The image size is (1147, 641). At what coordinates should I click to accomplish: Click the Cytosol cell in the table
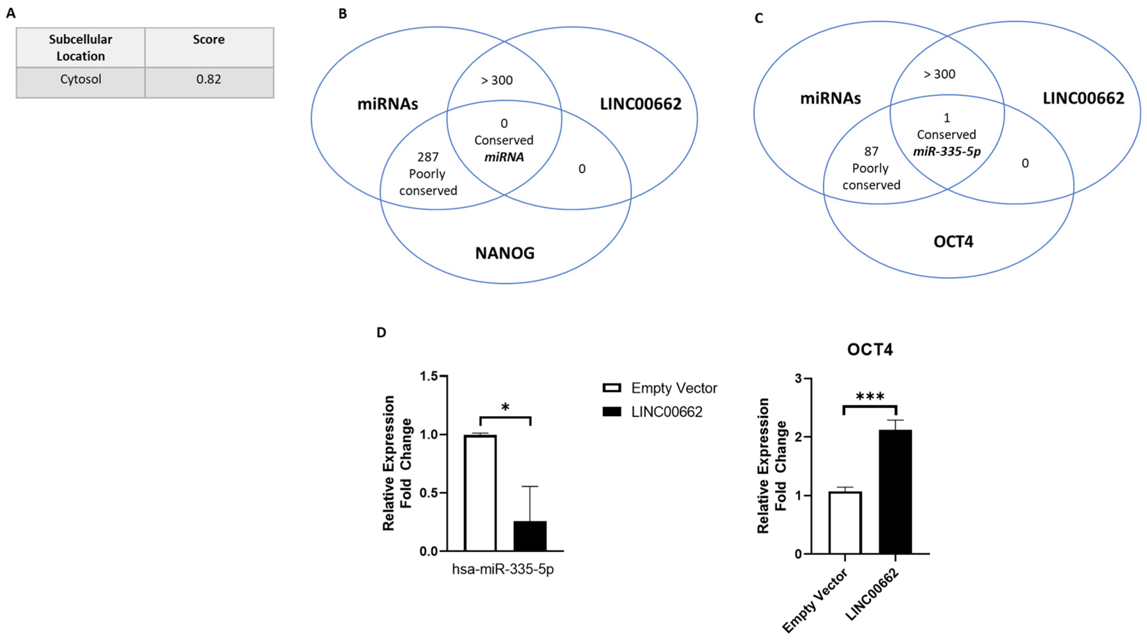(x=81, y=79)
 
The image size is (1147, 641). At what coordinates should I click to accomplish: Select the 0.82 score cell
(x=208, y=79)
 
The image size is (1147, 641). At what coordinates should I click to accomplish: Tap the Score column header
(x=208, y=40)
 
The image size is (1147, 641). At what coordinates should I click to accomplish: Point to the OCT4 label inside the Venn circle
(x=953, y=242)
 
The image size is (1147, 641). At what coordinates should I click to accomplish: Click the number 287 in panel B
(x=428, y=157)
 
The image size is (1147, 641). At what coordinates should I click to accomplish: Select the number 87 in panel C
(x=871, y=151)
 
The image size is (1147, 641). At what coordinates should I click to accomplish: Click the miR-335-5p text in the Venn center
(x=947, y=152)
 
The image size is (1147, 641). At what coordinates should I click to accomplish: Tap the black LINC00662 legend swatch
(x=611, y=412)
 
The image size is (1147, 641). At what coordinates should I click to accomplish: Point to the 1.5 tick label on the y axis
(x=428, y=376)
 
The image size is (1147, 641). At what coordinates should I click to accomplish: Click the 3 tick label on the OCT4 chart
(x=798, y=379)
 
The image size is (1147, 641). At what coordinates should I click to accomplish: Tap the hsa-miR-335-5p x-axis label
(x=503, y=569)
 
